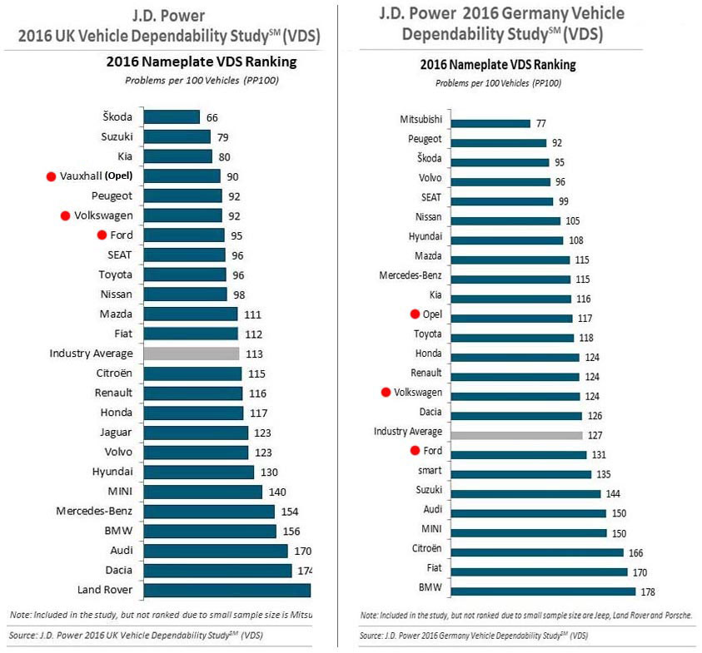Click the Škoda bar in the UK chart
pos(172,117)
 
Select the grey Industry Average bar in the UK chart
pos(192,354)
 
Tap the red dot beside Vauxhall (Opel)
pos(51,176)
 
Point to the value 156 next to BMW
pos(291,531)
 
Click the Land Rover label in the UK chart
pos(102,590)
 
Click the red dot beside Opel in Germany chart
pos(414,314)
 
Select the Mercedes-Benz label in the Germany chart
pos(411,275)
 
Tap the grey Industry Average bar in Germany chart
pos(516,433)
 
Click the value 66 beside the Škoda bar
pos(212,117)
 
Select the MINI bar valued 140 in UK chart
pos(203,492)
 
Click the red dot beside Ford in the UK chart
pos(102,235)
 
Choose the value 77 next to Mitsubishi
pos(541,123)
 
